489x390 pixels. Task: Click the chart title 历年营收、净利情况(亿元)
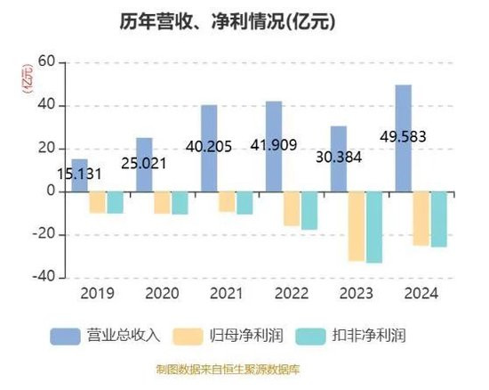(x=228, y=22)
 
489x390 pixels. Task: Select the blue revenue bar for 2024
(x=404, y=138)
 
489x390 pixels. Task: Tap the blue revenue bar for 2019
(x=79, y=175)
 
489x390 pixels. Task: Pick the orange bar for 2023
(x=357, y=226)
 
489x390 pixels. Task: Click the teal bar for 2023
(x=374, y=227)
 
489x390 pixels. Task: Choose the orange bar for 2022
(x=292, y=208)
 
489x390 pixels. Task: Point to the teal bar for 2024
(x=439, y=219)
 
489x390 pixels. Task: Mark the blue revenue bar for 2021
(x=209, y=149)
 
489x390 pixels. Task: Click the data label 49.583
(x=403, y=137)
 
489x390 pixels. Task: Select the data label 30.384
(x=339, y=157)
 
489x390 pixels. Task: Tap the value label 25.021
(x=144, y=164)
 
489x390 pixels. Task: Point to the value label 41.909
(x=274, y=145)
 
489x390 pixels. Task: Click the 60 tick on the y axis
(x=46, y=61)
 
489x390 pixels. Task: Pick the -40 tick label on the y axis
(x=44, y=277)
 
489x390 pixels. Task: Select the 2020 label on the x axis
(x=162, y=294)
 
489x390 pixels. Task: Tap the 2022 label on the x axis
(x=292, y=294)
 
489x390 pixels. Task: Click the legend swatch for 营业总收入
(x=65, y=337)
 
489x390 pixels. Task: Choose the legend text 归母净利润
(x=246, y=336)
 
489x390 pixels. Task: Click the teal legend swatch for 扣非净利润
(x=310, y=337)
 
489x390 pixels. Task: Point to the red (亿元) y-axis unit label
(x=27, y=78)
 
